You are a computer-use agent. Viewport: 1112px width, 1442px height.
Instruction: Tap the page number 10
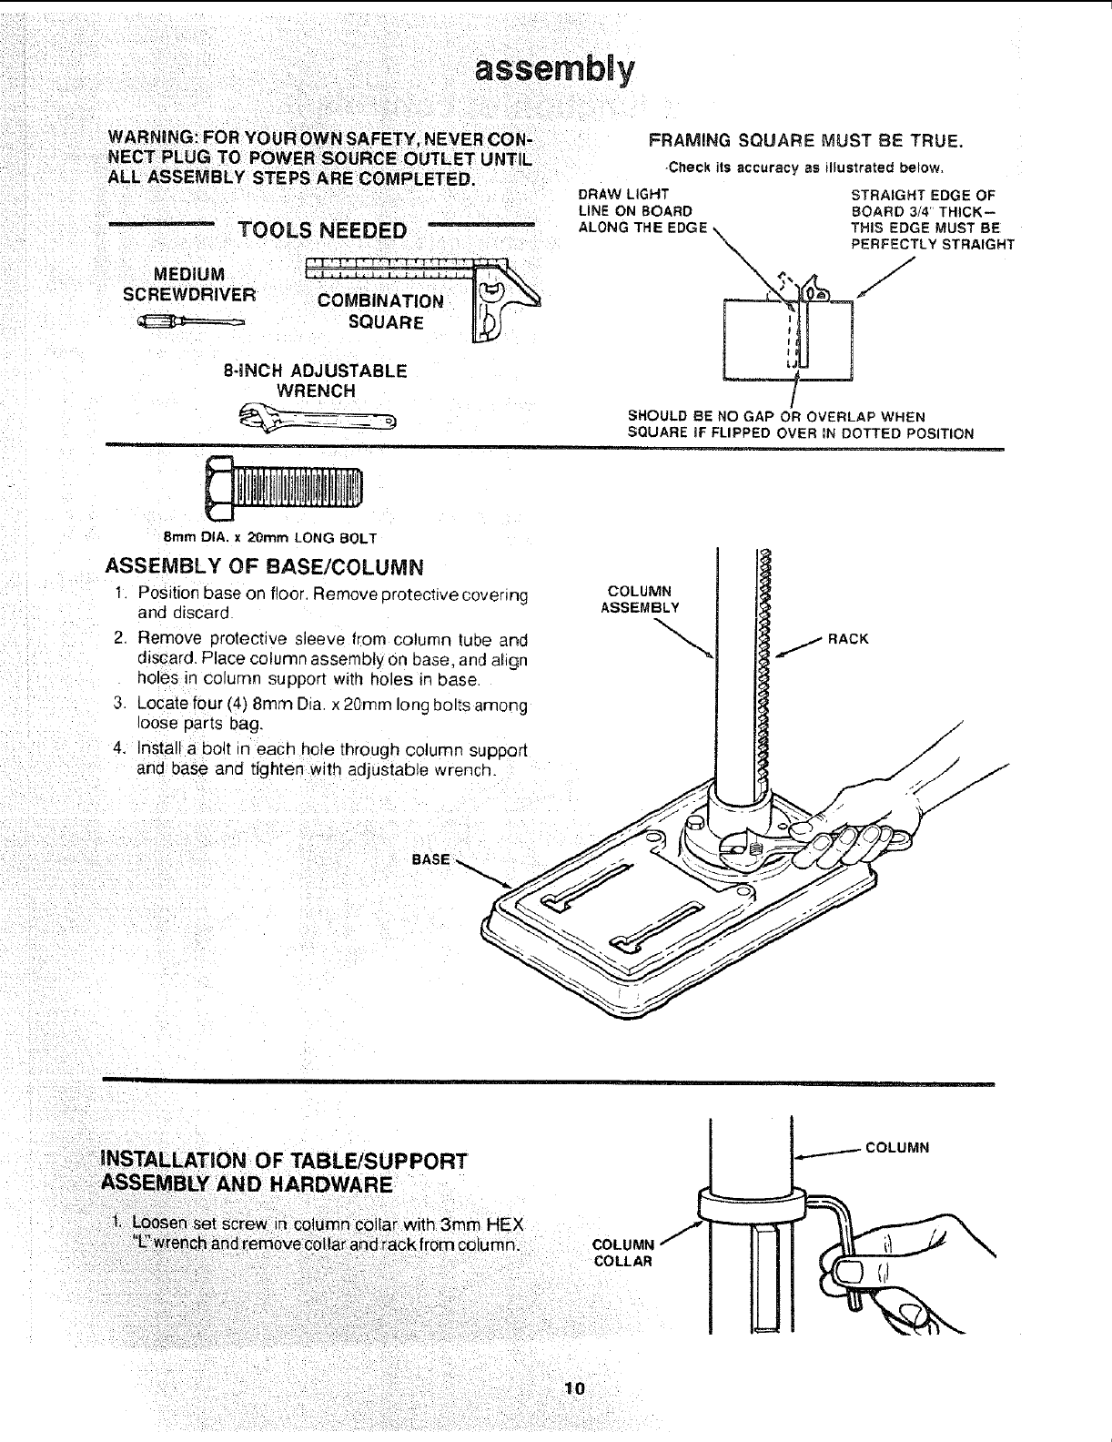573,1388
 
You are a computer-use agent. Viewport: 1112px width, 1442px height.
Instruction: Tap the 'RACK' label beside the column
848,638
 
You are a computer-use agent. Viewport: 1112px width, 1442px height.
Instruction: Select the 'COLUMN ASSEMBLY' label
640,600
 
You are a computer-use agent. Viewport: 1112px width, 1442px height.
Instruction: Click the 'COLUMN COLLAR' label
623,1253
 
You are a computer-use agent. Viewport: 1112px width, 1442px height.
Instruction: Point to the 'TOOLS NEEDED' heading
322,229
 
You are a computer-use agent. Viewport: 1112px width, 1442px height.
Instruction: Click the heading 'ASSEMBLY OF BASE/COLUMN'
265,568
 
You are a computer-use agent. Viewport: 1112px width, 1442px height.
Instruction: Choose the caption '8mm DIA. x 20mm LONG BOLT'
269,537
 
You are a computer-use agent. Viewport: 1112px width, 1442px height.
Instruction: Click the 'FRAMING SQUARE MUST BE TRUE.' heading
805,142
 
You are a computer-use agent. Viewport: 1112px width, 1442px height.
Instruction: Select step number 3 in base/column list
118,705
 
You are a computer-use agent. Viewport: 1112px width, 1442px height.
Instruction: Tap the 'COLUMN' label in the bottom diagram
896,1147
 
